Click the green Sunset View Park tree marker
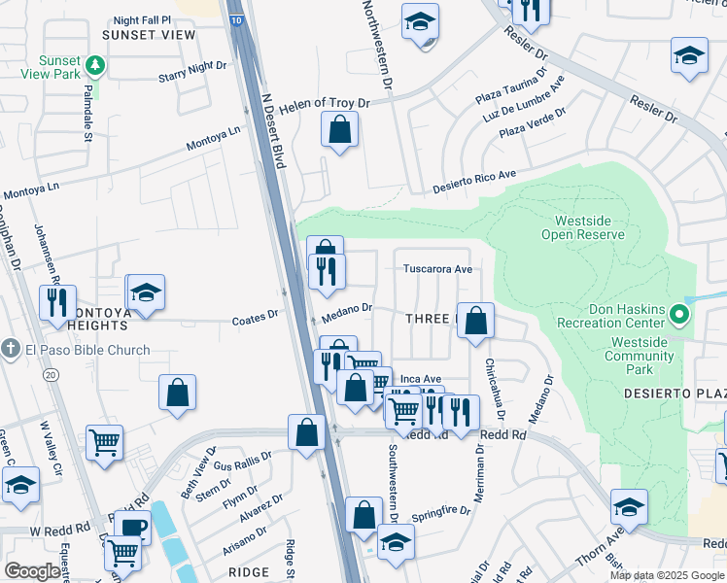click(95, 66)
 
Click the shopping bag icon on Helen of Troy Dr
click(339, 130)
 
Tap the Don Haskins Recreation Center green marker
click(680, 314)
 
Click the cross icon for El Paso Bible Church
click(11, 350)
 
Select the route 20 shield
click(51, 374)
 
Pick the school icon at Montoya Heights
click(146, 293)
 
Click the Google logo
click(32, 571)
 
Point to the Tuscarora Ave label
click(437, 269)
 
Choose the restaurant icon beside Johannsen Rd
click(58, 302)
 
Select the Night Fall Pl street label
click(142, 19)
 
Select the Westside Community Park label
click(640, 350)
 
